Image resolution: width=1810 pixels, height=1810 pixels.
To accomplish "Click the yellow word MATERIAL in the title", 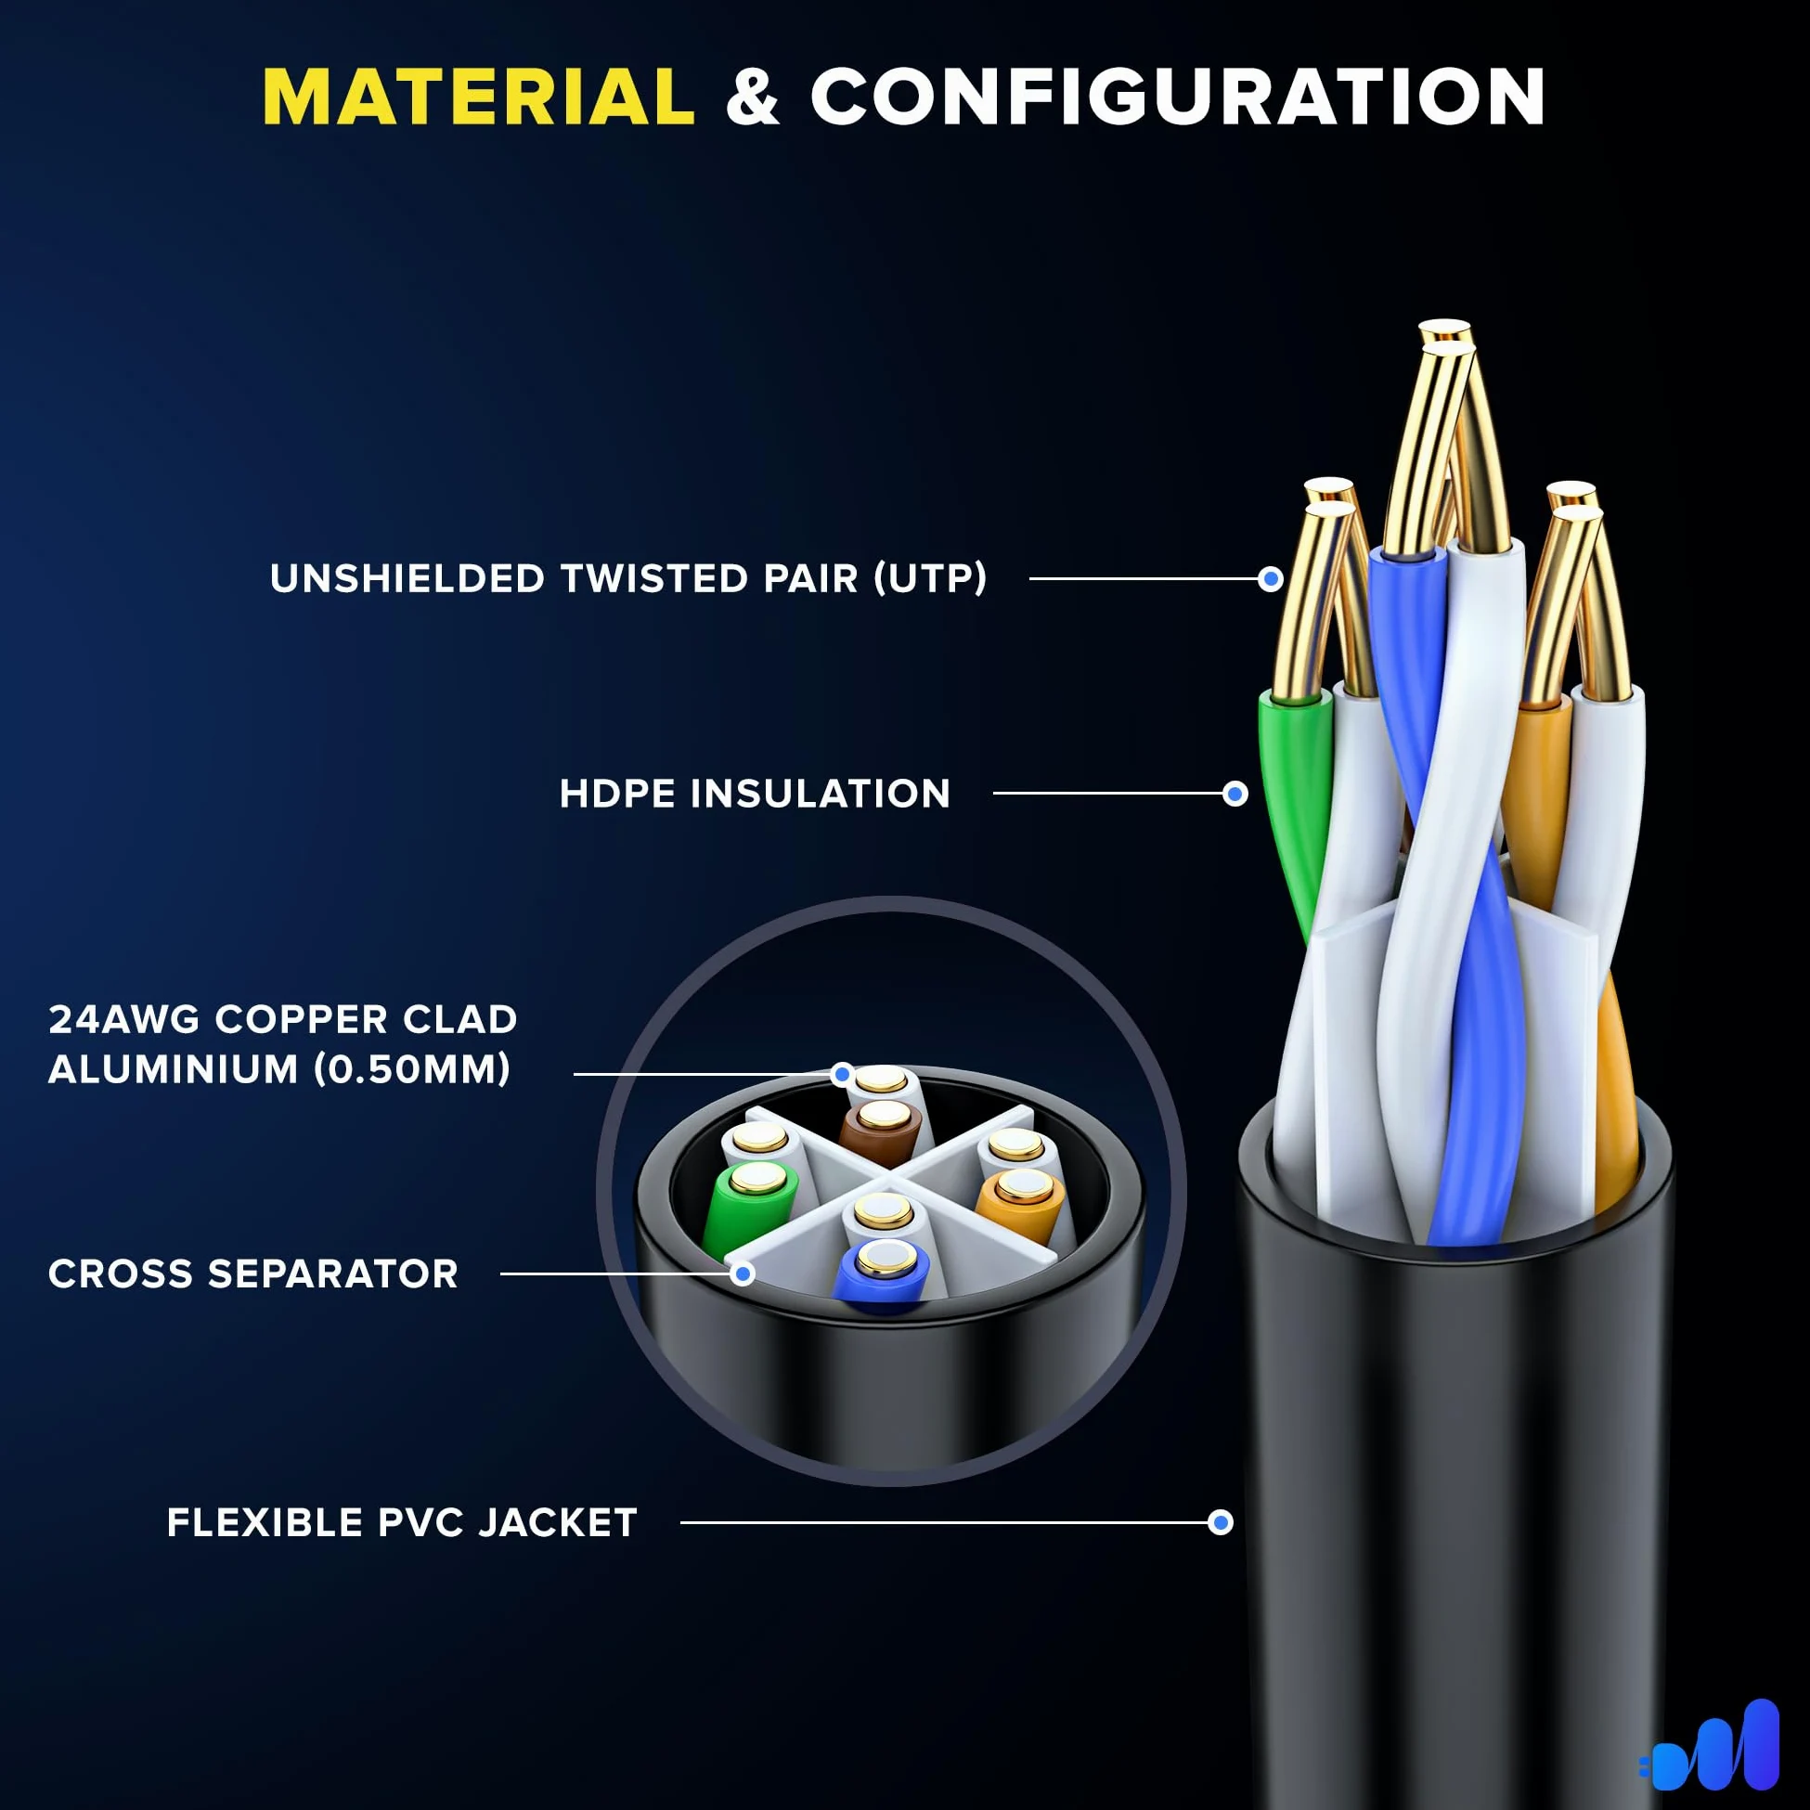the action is click(479, 97).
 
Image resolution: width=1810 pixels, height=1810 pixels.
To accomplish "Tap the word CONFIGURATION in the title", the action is click(1178, 97).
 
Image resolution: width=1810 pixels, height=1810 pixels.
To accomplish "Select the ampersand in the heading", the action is click(752, 97).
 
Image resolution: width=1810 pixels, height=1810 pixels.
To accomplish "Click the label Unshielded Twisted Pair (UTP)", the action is click(627, 578).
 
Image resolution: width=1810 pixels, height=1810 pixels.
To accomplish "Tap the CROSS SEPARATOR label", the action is click(253, 1273).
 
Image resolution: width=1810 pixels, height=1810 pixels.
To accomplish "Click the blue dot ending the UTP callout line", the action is click(1271, 579).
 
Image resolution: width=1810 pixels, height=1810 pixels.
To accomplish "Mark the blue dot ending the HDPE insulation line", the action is click(1235, 795).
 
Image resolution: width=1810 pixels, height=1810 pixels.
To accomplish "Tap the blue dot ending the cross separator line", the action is click(743, 1273).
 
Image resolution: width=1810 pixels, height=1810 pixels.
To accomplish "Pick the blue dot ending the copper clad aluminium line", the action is click(842, 1074).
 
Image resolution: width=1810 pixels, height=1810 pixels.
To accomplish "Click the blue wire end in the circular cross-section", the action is click(883, 1273).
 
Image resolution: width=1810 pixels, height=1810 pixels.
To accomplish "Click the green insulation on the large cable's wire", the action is click(1295, 796).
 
